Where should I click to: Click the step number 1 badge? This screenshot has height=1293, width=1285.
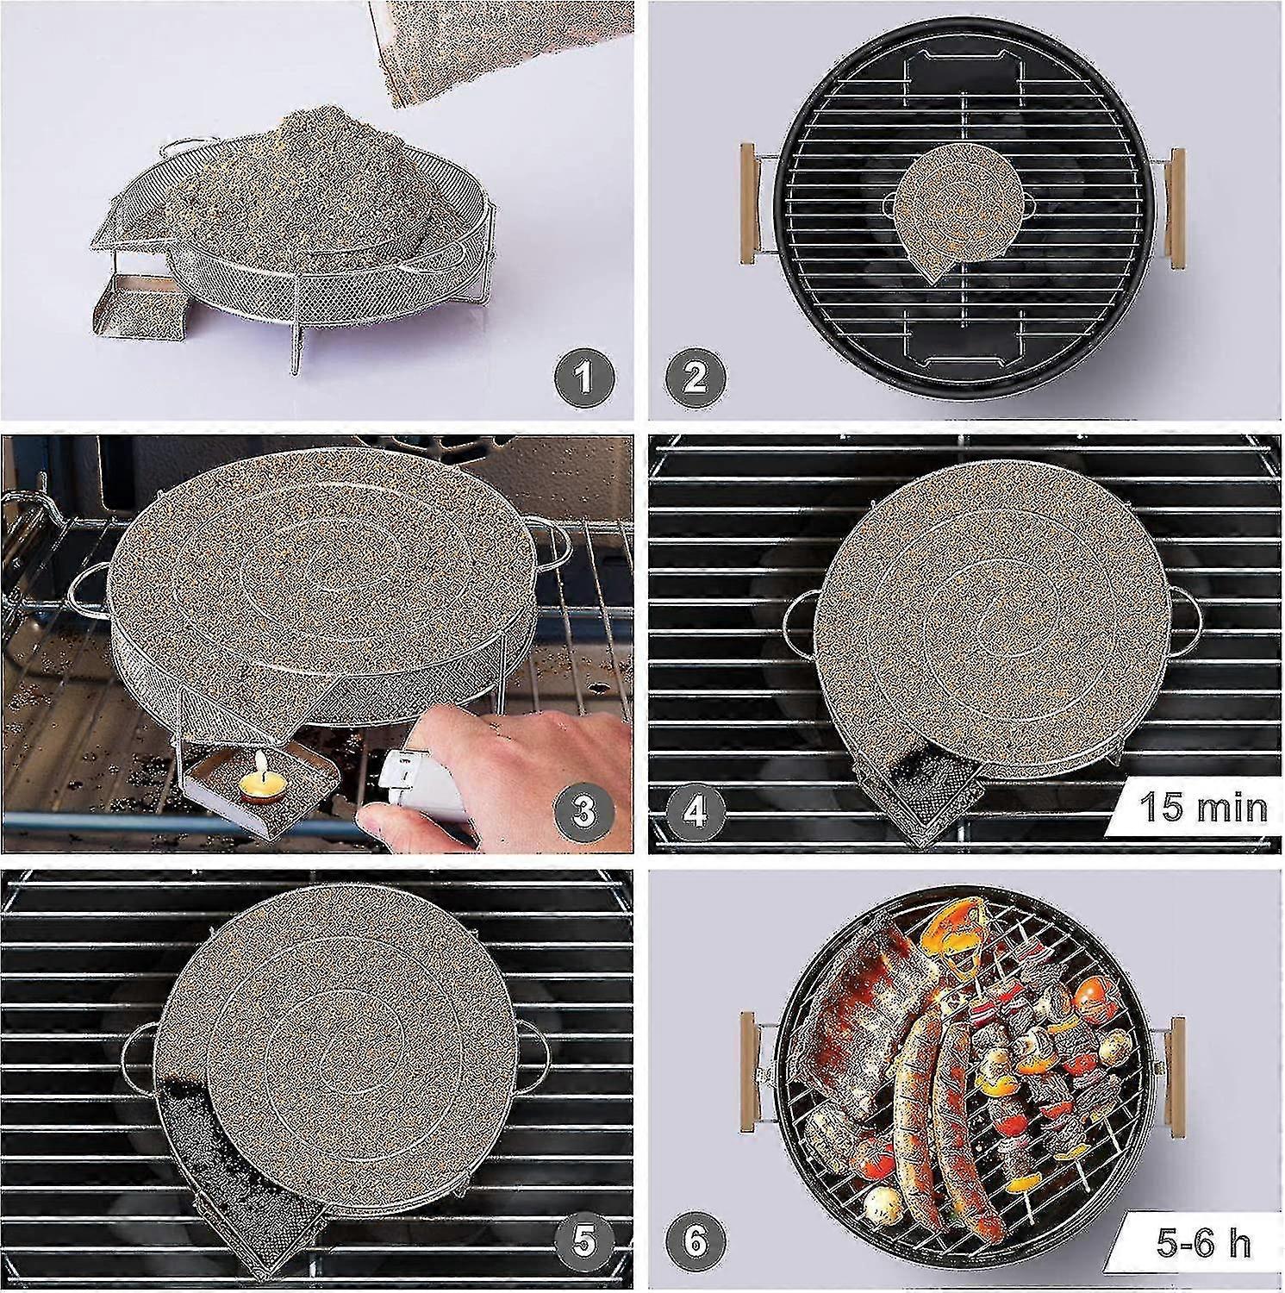584,377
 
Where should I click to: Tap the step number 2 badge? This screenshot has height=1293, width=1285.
695,377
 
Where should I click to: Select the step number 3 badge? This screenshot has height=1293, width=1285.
584,810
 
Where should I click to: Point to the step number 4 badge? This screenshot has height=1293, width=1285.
695,810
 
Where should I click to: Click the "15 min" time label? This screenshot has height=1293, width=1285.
1204,808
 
